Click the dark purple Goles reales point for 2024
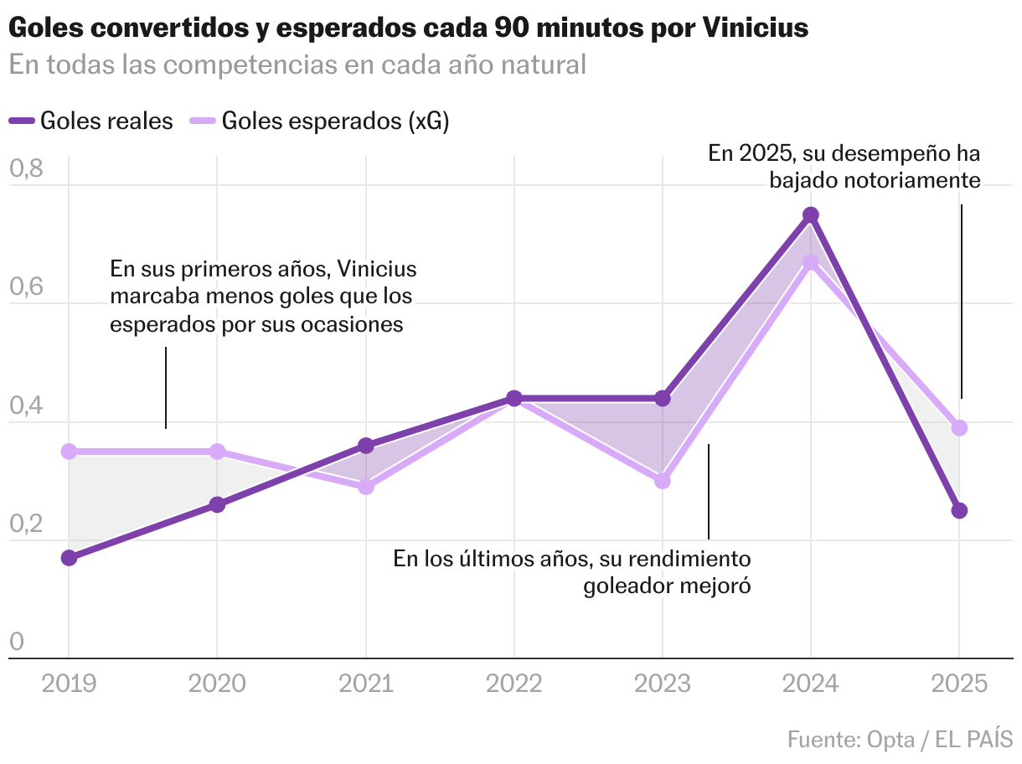811,215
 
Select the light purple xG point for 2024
811,262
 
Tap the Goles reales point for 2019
70,558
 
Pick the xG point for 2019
70,452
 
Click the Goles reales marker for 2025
959,511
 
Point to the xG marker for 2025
959,428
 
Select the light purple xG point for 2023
663,481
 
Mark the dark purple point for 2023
663,399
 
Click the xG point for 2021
366,487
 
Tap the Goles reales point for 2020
217,504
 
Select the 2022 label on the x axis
514,684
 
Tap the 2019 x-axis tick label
70,684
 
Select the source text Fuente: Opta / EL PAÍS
900,740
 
